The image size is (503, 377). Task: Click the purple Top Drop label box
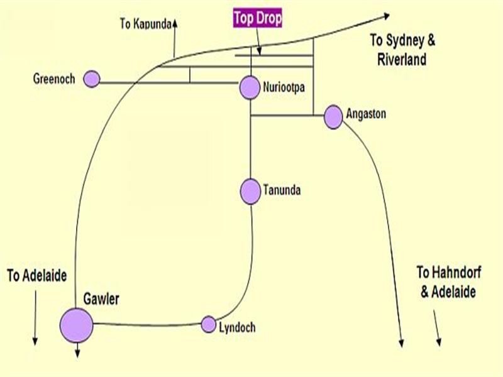[258, 18]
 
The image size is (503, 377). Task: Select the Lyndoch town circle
[209, 325]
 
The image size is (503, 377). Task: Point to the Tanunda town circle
[250, 192]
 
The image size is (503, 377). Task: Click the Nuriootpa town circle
[250, 87]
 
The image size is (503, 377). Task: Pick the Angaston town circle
[333, 117]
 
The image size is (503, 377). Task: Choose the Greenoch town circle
[92, 79]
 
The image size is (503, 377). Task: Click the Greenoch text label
[54, 79]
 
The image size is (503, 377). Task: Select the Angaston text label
[365, 114]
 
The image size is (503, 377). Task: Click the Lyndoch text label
[237, 327]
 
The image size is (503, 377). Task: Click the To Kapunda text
[145, 25]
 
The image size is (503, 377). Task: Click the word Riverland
[402, 60]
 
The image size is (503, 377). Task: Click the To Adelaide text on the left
[36, 275]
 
